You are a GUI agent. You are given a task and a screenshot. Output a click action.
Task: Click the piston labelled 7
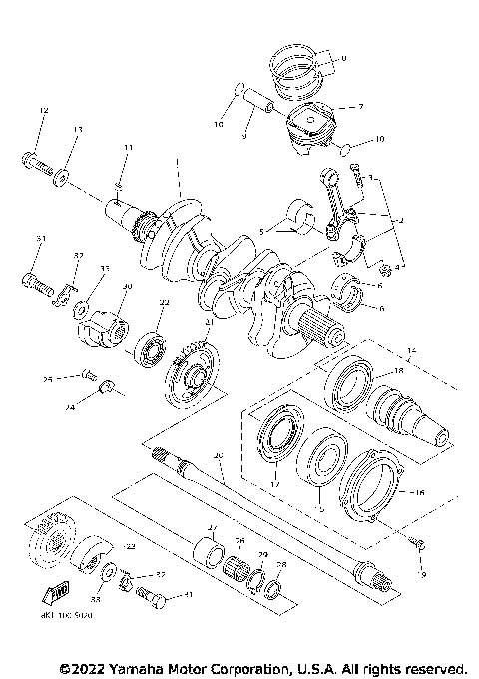[312, 127]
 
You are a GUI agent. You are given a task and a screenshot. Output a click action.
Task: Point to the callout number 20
[218, 455]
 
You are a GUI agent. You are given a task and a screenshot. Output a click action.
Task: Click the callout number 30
[127, 288]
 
